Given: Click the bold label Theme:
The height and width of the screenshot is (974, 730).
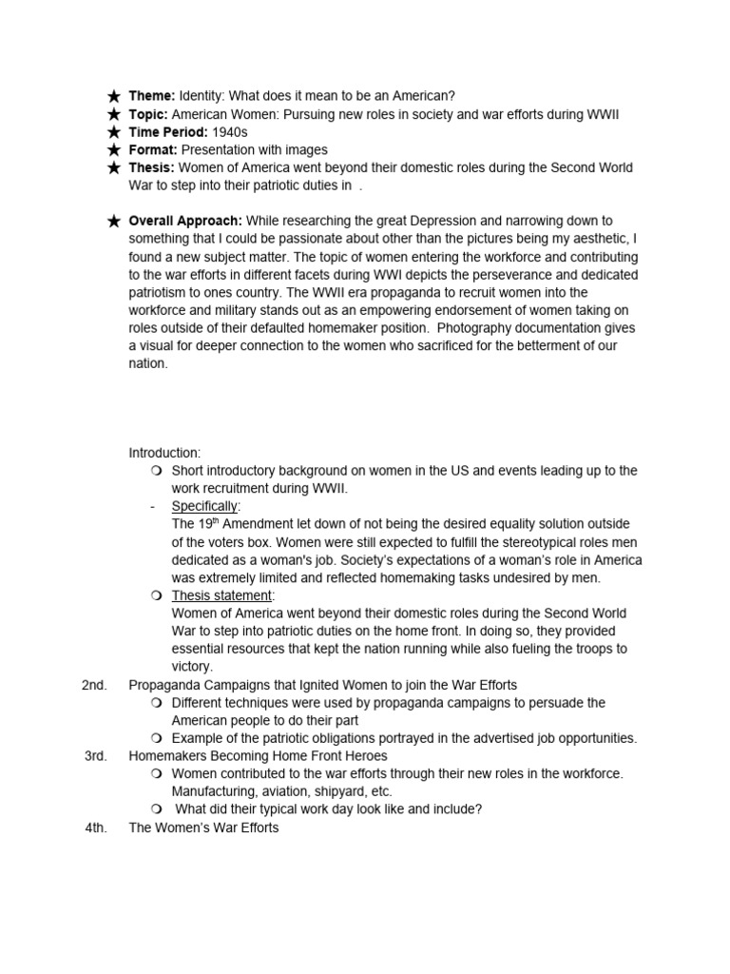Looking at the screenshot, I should pyautogui.click(x=152, y=96).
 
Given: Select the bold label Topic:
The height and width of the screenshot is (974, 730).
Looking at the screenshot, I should pyautogui.click(x=149, y=114).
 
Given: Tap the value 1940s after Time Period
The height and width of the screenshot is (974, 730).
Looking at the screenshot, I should pyautogui.click(x=225, y=132).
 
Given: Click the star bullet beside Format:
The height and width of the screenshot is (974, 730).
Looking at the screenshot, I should pyautogui.click(x=114, y=150).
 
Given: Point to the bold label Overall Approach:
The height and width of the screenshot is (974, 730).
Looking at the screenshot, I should pyautogui.click(x=185, y=221).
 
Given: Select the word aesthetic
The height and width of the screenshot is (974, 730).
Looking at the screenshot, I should pyautogui.click(x=598, y=239).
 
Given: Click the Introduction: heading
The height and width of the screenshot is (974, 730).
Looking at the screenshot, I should pyautogui.click(x=164, y=453).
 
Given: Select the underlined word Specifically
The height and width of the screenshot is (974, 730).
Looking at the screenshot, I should pyautogui.click(x=204, y=506).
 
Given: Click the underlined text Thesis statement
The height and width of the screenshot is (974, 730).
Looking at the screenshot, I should pyautogui.click(x=221, y=595).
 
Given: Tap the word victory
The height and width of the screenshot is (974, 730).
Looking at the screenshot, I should pyautogui.click(x=192, y=667).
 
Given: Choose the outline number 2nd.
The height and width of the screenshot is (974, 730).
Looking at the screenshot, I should pyautogui.click(x=95, y=685).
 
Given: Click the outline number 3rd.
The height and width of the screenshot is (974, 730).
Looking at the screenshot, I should pyautogui.click(x=95, y=755).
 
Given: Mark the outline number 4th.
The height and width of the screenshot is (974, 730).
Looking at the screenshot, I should pyautogui.click(x=95, y=828).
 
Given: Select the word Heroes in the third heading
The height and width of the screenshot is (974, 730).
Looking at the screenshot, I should pyautogui.click(x=360, y=756).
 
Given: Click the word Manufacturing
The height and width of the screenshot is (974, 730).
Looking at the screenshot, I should pyautogui.click(x=211, y=791).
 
